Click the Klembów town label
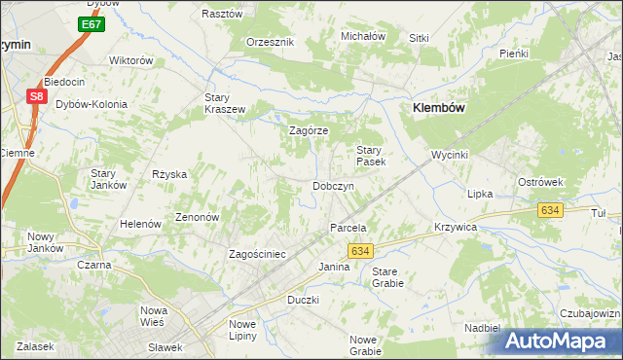(x=442, y=108)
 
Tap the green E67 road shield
(x=91, y=23)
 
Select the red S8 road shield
(x=36, y=96)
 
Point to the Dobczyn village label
(x=332, y=186)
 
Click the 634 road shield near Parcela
(x=359, y=250)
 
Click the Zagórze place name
(x=309, y=130)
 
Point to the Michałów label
(x=363, y=36)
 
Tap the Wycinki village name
(x=451, y=156)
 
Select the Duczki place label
(x=303, y=300)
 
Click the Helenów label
(x=140, y=224)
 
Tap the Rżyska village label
(x=169, y=174)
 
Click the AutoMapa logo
(x=561, y=341)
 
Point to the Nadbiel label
(x=483, y=328)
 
